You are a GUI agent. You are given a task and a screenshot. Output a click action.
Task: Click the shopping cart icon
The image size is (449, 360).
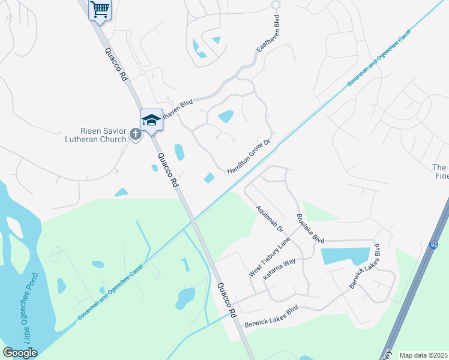(100, 9)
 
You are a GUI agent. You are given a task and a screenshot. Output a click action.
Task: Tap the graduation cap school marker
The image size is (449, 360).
(151, 119)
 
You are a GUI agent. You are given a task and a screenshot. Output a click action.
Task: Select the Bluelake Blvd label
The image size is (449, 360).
(310, 228)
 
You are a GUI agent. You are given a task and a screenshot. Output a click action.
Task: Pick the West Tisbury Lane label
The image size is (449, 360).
(270, 257)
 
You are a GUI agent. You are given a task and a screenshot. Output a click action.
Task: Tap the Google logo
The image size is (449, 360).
(20, 353)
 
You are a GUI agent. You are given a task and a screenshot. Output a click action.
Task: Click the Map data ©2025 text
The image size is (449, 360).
(423, 355)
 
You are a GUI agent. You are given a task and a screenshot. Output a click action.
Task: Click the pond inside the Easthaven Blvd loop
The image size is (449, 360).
(226, 116)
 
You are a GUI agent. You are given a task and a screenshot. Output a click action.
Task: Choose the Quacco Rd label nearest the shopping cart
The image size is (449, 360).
(116, 65)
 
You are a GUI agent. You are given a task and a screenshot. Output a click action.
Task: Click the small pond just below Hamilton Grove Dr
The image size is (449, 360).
(209, 178)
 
